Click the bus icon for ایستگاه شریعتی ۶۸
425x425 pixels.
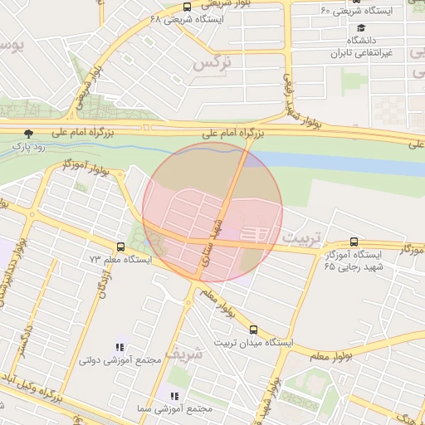(x=187, y=7)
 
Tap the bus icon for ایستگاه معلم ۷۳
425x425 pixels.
(x=121, y=247)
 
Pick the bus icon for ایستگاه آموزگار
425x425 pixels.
(x=354, y=242)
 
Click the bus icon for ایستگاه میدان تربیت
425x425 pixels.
(x=253, y=330)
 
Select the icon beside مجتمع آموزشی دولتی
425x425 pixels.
(x=120, y=348)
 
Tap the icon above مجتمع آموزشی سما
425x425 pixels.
(x=174, y=396)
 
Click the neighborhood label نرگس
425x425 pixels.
(x=210, y=62)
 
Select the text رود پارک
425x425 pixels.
(x=27, y=146)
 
